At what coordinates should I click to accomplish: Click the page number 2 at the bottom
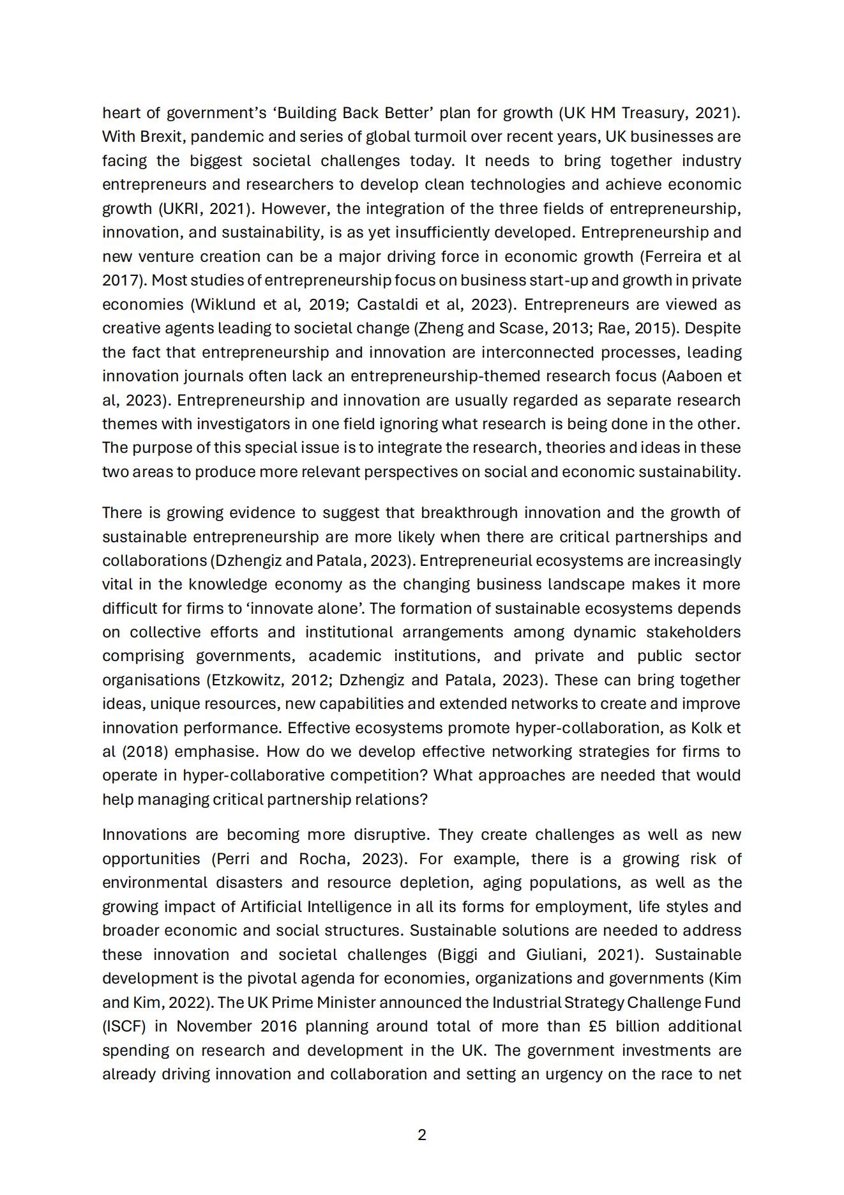pos(421,1135)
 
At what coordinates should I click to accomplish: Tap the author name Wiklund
pos(225,305)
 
